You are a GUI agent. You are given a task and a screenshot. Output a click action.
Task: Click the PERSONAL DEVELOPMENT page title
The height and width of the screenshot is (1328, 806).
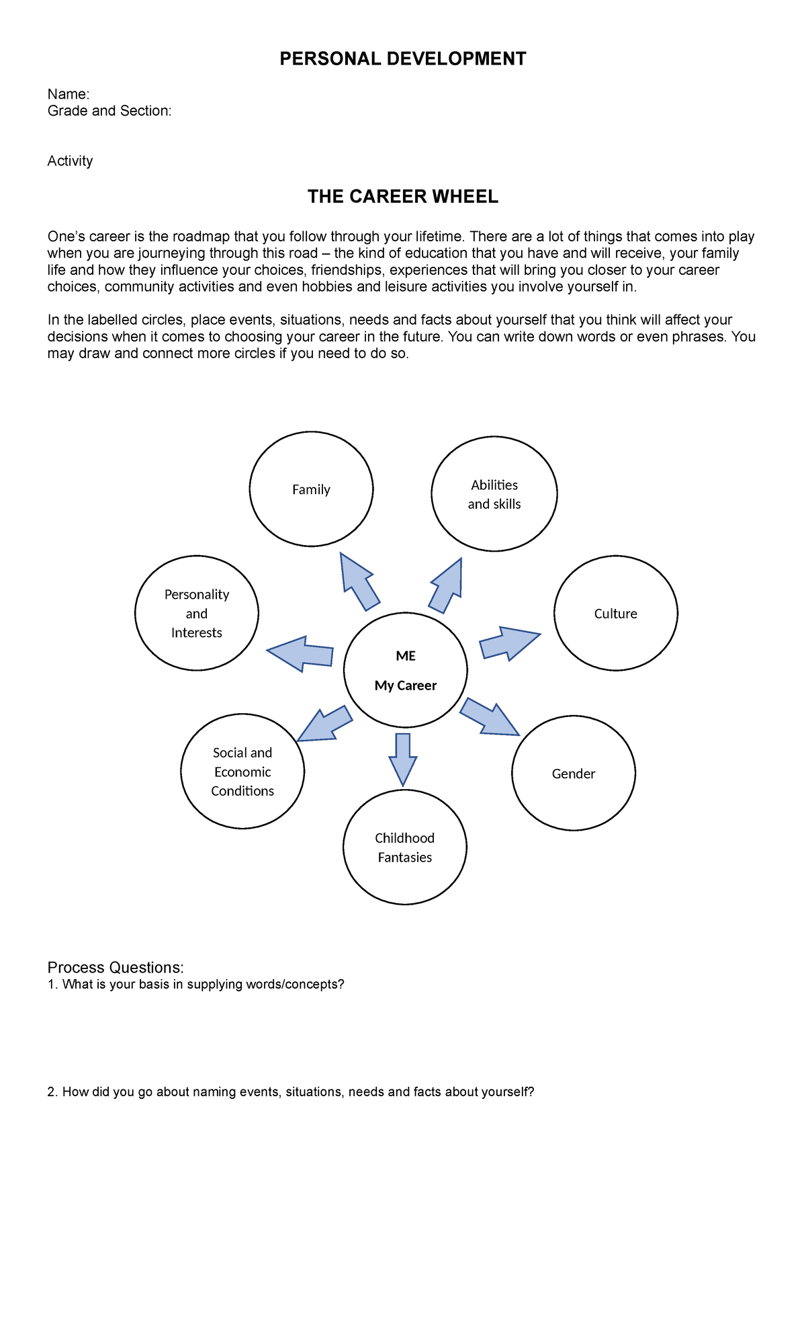(402, 59)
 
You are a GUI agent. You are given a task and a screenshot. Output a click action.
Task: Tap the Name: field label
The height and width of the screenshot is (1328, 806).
(69, 94)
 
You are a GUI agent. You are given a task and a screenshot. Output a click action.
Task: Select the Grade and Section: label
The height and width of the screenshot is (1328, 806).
(109, 111)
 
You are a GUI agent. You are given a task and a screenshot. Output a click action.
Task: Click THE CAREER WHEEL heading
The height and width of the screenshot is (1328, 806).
(402, 197)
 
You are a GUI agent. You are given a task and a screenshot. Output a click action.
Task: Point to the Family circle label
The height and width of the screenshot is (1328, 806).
(311, 490)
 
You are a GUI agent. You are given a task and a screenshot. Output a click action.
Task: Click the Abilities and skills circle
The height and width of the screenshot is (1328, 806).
(494, 494)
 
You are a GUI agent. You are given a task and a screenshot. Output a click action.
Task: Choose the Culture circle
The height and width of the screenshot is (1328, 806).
(615, 613)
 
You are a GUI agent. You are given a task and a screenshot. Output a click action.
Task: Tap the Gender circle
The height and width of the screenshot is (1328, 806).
(573, 774)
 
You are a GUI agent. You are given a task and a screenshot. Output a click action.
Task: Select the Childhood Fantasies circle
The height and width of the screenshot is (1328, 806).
(404, 847)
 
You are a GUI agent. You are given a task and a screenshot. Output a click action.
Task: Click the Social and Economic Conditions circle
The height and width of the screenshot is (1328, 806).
(242, 772)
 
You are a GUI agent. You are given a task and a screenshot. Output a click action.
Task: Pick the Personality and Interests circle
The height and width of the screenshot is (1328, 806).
(197, 613)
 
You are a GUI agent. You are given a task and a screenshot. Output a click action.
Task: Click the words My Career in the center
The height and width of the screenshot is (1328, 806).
(406, 686)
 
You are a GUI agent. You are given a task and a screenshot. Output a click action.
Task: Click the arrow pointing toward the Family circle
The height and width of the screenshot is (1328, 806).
(358, 581)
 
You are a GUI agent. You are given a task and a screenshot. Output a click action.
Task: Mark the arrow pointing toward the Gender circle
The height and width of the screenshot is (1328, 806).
(490, 717)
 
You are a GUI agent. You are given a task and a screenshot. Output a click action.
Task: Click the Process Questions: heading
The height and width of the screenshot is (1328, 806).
(116, 967)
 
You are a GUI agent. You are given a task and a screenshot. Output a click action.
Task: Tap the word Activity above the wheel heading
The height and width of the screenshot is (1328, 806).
(70, 161)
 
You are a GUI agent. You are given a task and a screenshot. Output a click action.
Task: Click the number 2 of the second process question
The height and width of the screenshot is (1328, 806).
(51, 1092)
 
